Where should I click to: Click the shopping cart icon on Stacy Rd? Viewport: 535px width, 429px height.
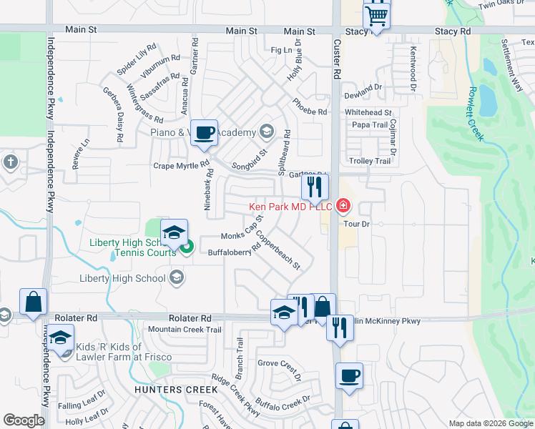point(376,15)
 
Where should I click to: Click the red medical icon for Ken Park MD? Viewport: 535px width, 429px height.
point(343,207)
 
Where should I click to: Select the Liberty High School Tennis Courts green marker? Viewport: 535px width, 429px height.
point(187,248)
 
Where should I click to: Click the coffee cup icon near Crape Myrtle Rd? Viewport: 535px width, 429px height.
point(205,132)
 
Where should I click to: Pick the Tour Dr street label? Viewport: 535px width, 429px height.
point(355,224)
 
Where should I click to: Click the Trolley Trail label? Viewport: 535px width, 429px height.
point(370,162)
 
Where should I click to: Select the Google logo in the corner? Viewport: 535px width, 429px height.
point(24,420)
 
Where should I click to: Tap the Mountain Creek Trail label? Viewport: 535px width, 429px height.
point(185,330)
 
